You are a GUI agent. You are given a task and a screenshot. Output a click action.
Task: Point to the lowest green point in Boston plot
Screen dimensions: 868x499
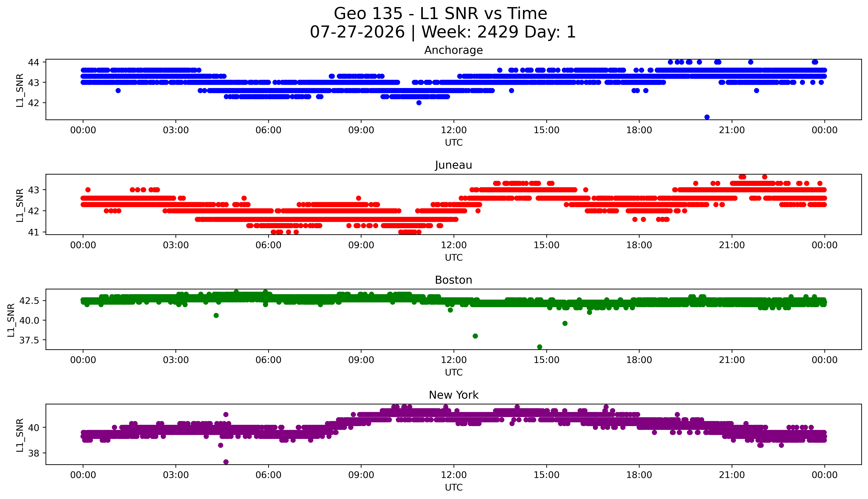tap(540, 347)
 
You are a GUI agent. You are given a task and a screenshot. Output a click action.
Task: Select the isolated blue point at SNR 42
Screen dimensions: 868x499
tap(419, 102)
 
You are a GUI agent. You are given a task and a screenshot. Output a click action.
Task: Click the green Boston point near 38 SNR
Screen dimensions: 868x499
tap(475, 336)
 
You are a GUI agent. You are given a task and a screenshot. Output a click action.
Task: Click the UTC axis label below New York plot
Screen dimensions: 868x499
tap(454, 487)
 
